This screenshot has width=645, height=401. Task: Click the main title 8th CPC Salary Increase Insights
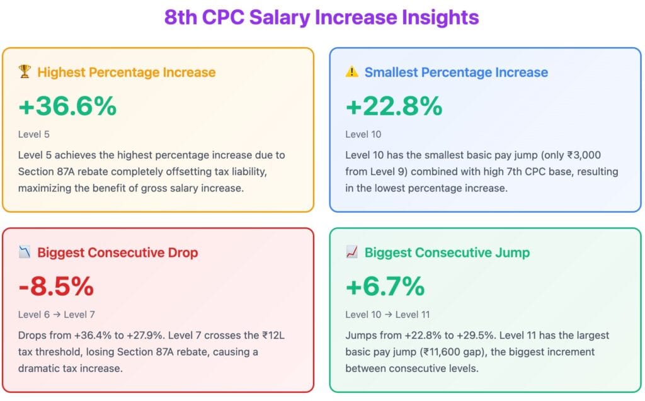[x=322, y=17]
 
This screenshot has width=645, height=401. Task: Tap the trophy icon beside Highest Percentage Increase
[x=25, y=72]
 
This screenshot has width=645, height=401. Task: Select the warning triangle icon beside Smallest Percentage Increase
[x=351, y=72]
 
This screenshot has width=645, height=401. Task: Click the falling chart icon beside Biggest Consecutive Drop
[x=25, y=252]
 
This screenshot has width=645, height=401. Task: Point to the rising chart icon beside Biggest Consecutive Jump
[x=351, y=252]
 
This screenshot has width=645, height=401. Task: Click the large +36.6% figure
[x=67, y=106]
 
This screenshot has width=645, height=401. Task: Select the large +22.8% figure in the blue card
[x=394, y=106]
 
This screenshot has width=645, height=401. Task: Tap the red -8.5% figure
[x=56, y=287]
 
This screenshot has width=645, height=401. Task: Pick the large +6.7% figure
[x=385, y=287]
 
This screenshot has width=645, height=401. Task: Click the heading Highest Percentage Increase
[x=126, y=72]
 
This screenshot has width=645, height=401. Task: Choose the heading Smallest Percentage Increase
[x=456, y=72]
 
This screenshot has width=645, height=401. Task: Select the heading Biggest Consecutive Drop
[x=118, y=252]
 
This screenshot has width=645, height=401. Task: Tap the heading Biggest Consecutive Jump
[x=447, y=252]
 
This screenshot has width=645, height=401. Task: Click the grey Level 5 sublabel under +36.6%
[x=34, y=134]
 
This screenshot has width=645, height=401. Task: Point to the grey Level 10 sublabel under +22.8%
[x=363, y=134]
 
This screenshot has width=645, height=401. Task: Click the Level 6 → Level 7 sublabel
[x=57, y=314]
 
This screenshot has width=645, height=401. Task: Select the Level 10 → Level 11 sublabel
[x=386, y=314]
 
